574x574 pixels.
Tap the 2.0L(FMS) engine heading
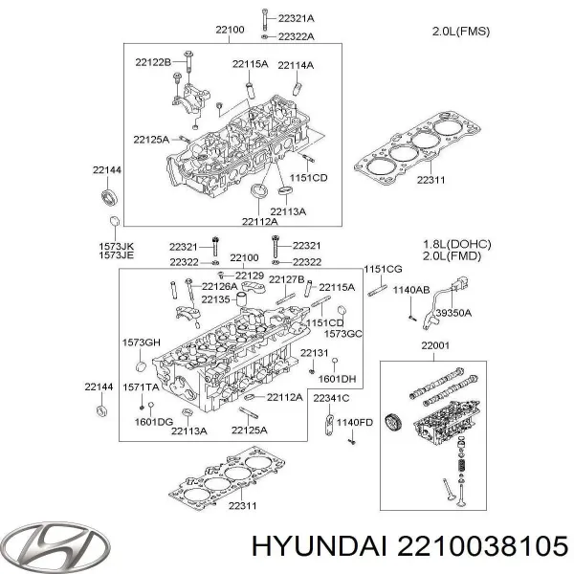point(462,32)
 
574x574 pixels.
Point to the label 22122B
point(152,62)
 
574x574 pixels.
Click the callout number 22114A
point(296,65)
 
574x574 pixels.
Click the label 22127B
point(287,278)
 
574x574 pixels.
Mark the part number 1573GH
point(139,342)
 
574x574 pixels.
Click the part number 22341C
point(331,398)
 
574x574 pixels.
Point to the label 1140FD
point(353,422)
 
